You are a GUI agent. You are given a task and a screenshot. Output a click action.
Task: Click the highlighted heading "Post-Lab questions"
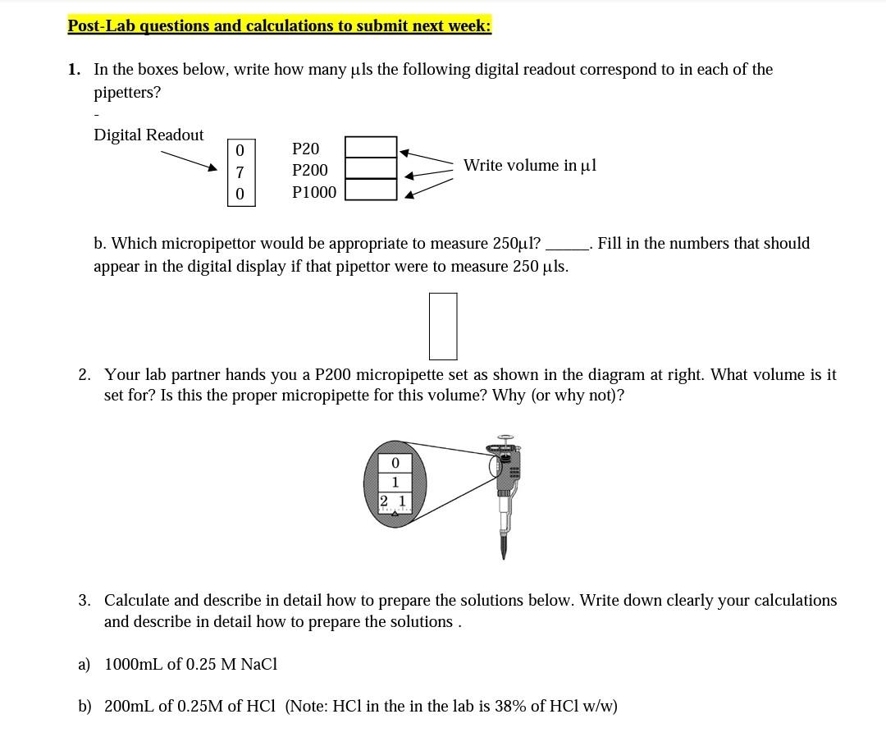coord(279,25)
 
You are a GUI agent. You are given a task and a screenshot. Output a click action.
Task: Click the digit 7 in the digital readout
coord(240,172)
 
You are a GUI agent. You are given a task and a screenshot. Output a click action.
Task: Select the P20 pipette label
coord(305,149)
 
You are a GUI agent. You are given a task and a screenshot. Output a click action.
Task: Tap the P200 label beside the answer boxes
coord(309,170)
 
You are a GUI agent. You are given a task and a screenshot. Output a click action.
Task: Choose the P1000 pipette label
coord(314,192)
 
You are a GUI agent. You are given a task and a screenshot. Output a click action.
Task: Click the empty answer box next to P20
coord(371,147)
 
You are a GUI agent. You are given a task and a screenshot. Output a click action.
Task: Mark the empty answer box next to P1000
coord(371,190)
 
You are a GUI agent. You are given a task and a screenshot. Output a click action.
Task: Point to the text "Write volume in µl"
coord(530,166)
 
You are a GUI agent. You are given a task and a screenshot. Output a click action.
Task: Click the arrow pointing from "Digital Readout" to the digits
coord(190,159)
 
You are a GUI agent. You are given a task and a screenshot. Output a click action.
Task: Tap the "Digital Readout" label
coord(148,135)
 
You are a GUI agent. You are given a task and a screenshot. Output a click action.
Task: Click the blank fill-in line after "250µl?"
coord(567,245)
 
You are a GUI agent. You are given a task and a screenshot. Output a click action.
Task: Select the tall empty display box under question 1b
coord(443,326)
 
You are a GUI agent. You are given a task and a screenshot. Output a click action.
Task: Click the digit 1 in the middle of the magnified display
coord(395,482)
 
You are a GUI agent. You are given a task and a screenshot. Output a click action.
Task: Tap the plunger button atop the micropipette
coord(505,438)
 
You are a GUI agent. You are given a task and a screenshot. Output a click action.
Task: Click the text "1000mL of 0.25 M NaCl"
coord(190,664)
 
